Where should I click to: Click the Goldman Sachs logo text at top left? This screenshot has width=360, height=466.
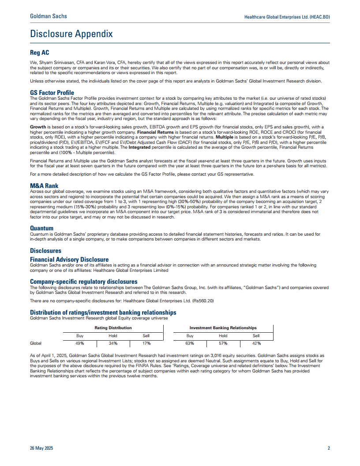(x=49, y=16)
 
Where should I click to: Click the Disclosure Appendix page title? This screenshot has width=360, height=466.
(x=71, y=34)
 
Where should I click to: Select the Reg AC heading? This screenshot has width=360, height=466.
(x=39, y=53)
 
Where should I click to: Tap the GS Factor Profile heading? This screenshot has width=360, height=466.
(x=52, y=93)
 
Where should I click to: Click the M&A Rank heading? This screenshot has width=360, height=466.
(x=44, y=186)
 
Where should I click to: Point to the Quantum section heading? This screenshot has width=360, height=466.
(x=42, y=228)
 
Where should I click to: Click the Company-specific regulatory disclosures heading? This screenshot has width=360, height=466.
(x=83, y=281)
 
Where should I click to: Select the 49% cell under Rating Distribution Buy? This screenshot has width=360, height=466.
(x=80, y=343)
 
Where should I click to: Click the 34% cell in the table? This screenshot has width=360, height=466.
(x=113, y=343)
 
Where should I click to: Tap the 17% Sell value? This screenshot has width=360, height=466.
(x=146, y=343)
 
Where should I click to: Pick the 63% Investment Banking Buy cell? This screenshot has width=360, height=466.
(x=190, y=343)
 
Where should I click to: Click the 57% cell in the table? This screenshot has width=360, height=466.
(x=223, y=343)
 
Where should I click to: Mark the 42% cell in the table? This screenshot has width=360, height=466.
(x=256, y=343)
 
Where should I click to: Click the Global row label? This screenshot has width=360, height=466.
(x=36, y=343)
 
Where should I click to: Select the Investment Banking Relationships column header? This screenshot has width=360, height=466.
(x=223, y=328)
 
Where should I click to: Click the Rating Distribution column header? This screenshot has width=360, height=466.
(x=113, y=328)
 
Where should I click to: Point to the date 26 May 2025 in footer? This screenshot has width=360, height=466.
(x=41, y=448)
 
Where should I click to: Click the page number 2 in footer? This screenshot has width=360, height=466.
(x=329, y=448)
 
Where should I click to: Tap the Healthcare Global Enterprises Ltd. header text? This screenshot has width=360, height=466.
(x=287, y=17)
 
